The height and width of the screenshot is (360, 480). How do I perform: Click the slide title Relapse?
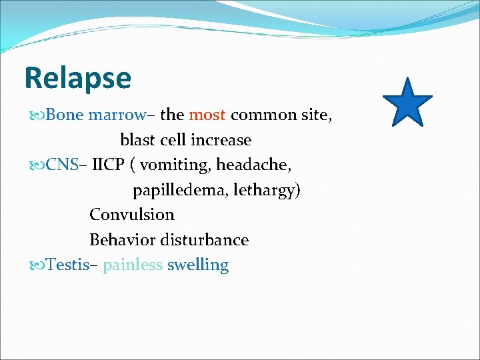[77, 78]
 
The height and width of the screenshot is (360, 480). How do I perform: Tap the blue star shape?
[407, 103]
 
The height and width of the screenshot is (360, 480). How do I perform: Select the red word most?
[207, 115]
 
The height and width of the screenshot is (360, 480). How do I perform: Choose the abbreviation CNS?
[63, 165]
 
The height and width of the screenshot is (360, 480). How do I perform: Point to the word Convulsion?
[131, 215]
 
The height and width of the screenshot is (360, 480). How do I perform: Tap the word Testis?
[67, 265]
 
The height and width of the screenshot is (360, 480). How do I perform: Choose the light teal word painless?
[133, 265]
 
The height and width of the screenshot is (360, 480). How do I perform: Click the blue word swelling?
[197, 265]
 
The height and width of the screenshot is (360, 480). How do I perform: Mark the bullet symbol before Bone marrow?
[36, 115]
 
